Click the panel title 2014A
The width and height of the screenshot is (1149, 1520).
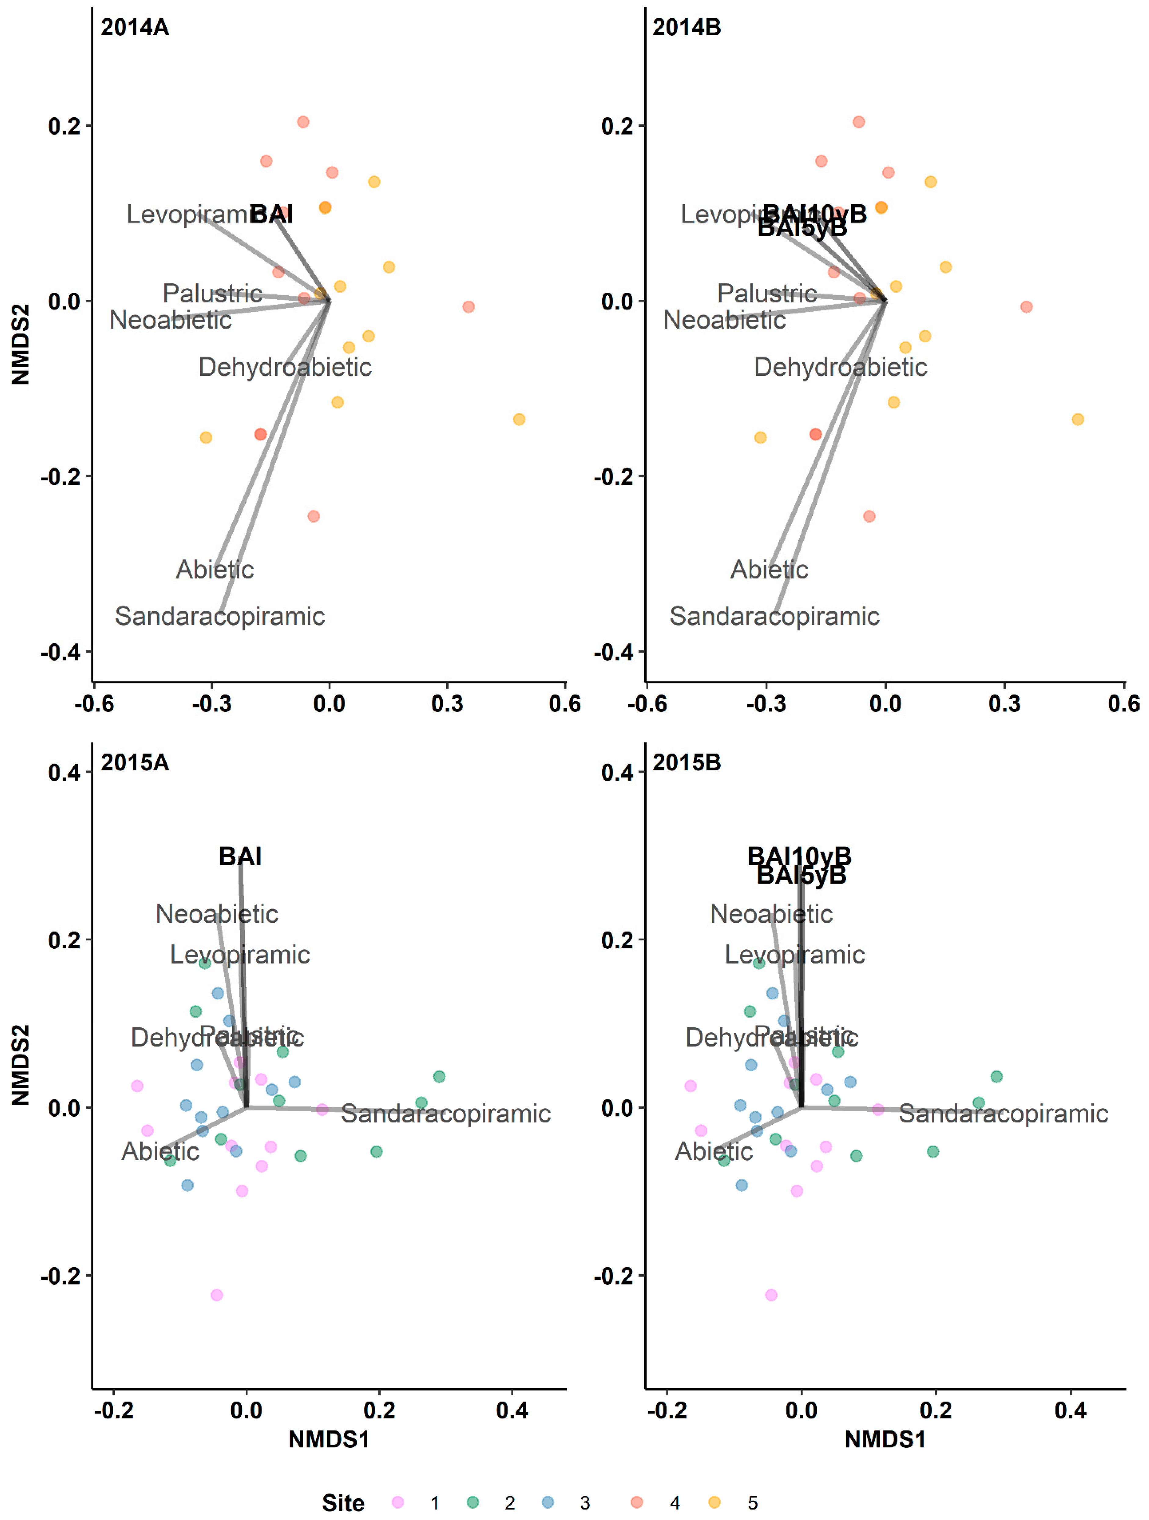tap(135, 27)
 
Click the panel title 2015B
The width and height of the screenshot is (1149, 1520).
tap(687, 763)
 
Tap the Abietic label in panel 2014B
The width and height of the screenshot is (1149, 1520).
tap(769, 570)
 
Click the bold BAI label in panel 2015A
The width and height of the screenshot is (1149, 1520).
tap(240, 857)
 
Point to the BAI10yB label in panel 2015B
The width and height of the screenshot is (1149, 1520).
tap(799, 856)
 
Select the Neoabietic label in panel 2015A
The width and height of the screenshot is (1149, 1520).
tap(216, 914)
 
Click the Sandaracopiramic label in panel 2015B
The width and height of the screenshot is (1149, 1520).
tap(1003, 1113)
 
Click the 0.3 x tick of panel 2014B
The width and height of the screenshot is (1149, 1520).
tap(1004, 704)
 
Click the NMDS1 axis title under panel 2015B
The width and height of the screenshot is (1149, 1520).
tap(885, 1440)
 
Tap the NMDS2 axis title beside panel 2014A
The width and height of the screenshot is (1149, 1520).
tap(21, 344)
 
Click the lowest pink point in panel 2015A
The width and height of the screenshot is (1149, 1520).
tap(216, 1295)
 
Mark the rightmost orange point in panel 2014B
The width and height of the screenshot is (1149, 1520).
tap(1078, 419)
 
